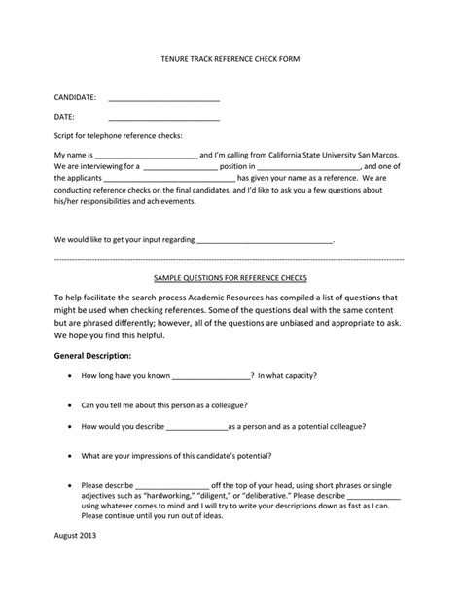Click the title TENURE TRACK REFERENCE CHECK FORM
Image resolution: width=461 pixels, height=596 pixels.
point(230,59)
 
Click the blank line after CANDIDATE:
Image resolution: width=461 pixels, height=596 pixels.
point(163,99)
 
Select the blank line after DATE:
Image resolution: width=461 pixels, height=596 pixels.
point(163,118)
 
